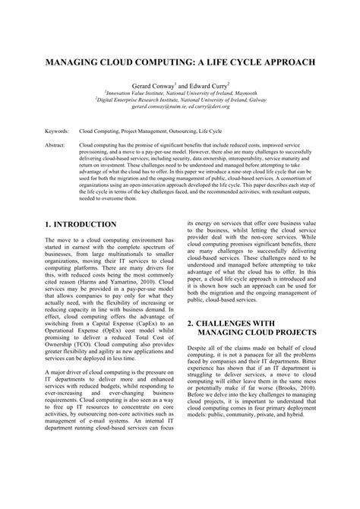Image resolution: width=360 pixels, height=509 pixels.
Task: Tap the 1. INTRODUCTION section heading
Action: point(81,225)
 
